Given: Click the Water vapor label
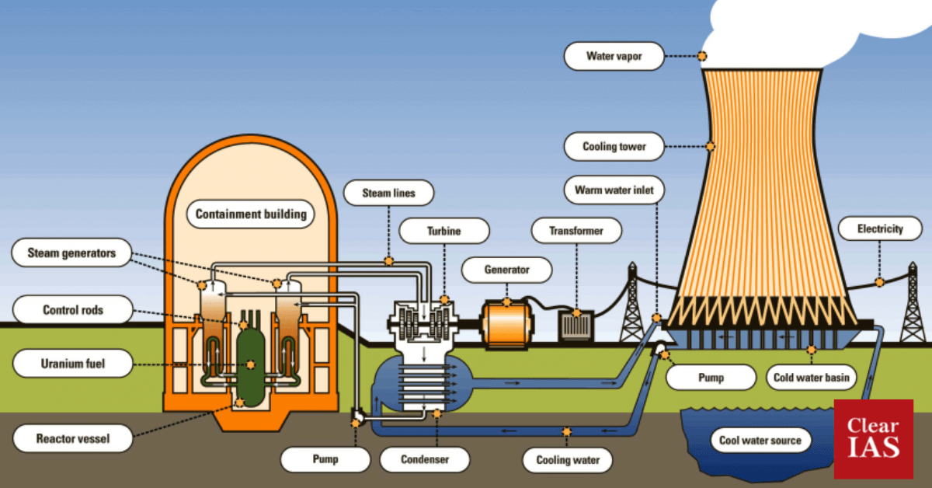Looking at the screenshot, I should click(614, 56).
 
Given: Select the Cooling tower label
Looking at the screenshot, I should click(614, 146).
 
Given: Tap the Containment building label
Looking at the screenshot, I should click(250, 214).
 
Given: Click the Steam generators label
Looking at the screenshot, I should click(71, 253).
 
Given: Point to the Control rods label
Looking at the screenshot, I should click(73, 310).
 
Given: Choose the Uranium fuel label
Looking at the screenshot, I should click(73, 363).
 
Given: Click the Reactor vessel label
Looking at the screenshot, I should click(73, 439).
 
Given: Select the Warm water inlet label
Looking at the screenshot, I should click(614, 190).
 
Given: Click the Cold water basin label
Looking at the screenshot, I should click(812, 378).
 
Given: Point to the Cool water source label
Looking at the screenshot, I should click(760, 441).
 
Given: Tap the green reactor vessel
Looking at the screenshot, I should click(251, 363).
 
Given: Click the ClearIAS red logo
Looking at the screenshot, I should click(873, 439).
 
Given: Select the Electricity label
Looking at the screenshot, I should click(880, 229).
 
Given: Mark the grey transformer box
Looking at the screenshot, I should click(577, 326).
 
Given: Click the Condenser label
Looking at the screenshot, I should click(425, 459).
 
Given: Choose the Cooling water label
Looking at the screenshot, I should click(568, 459).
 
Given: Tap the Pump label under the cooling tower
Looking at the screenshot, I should click(711, 378).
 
